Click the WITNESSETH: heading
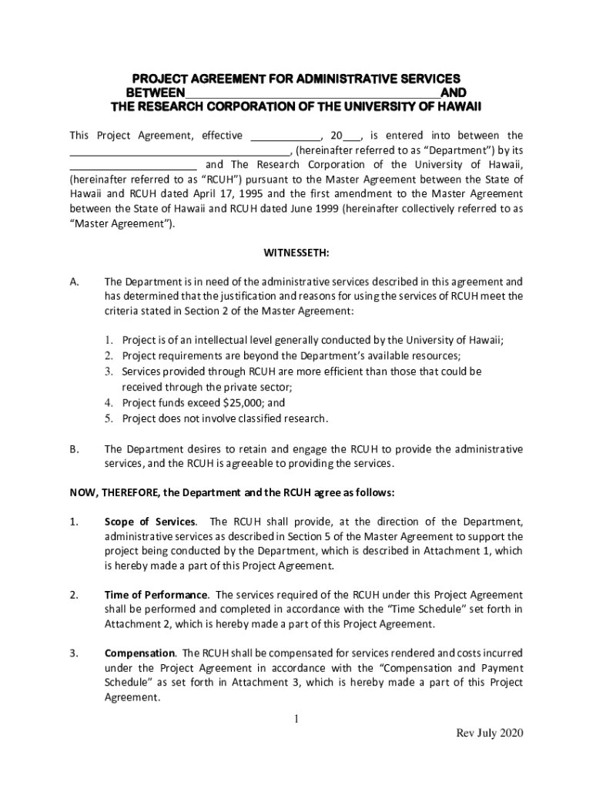point(296,252)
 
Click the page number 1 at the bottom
point(295,720)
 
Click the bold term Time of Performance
point(156,595)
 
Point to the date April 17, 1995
point(233,194)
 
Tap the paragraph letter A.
point(75,282)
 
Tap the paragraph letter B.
point(75,448)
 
